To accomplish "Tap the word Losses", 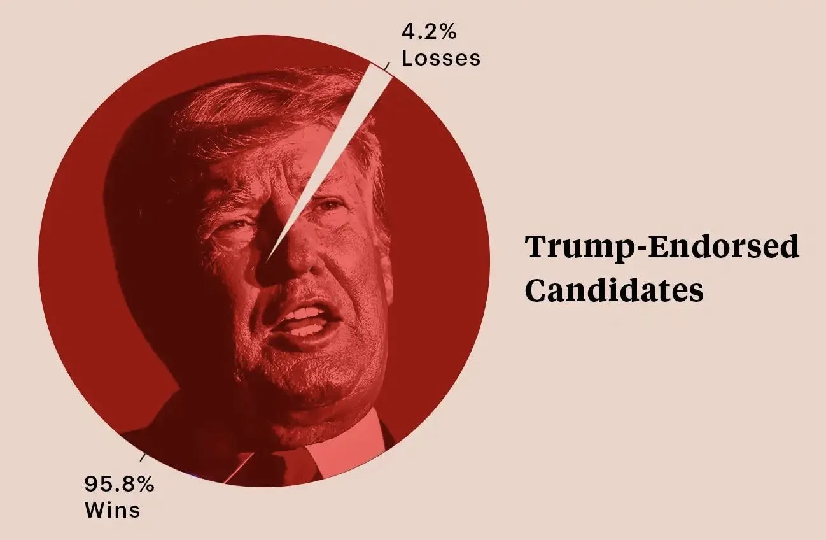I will tap(440, 58).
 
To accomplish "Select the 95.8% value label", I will tap(120, 484).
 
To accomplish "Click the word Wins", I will tap(112, 510).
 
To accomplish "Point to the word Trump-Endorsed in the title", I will tap(662, 247).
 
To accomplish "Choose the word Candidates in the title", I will tap(615, 290).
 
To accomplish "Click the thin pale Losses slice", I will tap(344, 140).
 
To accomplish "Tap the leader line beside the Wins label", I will tap(144, 457).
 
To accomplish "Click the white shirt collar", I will tap(347, 446).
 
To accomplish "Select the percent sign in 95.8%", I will tap(146, 484).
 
